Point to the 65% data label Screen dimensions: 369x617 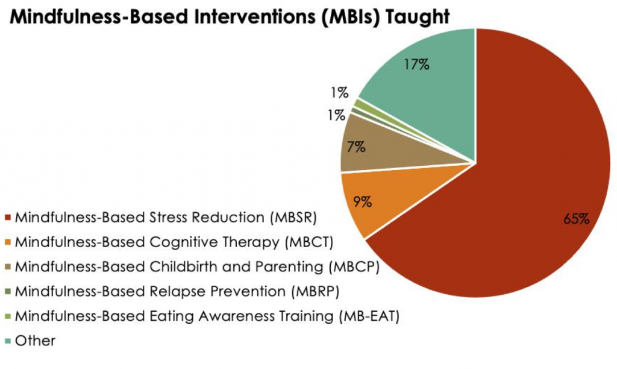click(576, 219)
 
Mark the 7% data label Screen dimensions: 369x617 click(357, 147)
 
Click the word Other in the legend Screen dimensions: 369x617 click(36, 341)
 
